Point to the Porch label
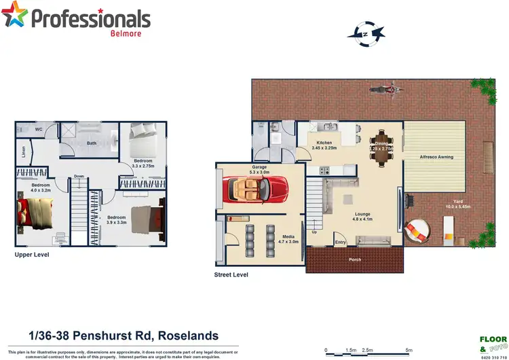tap(354, 259)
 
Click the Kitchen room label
tap(324, 143)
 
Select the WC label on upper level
tap(39, 128)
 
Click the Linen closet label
tap(24, 152)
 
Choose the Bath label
tap(91, 143)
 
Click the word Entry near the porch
tap(340, 242)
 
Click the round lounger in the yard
tap(416, 231)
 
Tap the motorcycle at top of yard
tap(383, 89)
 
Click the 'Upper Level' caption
tap(33, 255)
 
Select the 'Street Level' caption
tap(231, 274)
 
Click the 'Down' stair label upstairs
tap(79, 177)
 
